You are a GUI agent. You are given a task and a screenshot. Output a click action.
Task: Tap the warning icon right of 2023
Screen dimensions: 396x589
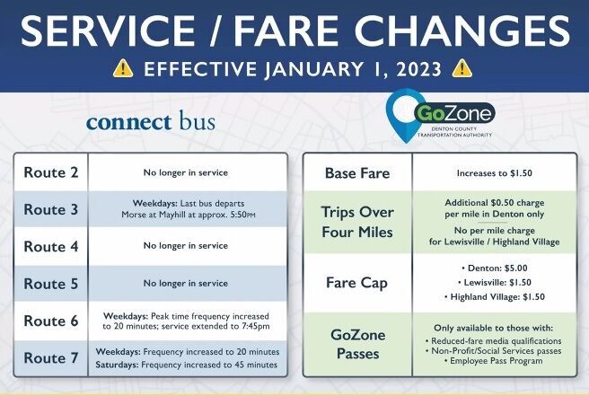462,68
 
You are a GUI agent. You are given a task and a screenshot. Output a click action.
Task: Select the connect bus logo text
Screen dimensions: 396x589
151,121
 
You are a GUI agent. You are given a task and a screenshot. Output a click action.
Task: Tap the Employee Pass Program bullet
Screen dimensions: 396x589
489,361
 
